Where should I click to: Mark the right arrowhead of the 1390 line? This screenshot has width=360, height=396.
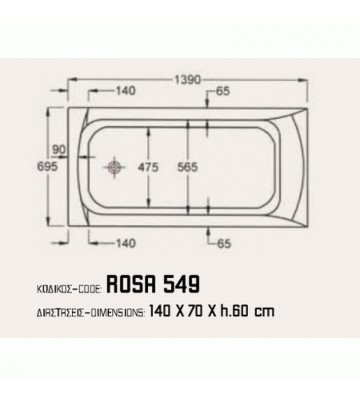[306, 77]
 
